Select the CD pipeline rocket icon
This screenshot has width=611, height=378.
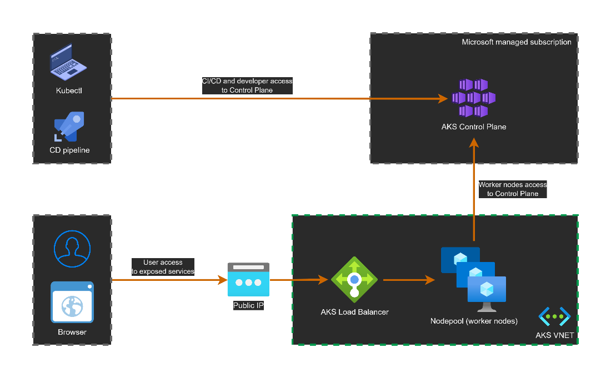click(x=69, y=127)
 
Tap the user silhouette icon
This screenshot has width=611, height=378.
click(x=72, y=249)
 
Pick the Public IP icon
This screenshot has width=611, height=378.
click(x=248, y=280)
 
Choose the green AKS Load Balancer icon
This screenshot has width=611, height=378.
click(x=354, y=280)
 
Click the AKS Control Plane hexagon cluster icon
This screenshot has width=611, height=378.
click(x=473, y=98)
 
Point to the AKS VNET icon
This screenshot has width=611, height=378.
click(x=554, y=317)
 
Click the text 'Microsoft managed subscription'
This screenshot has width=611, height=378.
click(x=517, y=42)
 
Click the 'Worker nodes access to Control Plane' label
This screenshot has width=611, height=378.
click(x=512, y=189)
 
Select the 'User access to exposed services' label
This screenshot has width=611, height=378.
click(x=163, y=267)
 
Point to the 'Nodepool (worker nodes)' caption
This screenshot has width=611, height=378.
click(x=474, y=321)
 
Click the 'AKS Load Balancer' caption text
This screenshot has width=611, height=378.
click(x=354, y=312)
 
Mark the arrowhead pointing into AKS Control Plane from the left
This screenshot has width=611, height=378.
click(x=442, y=99)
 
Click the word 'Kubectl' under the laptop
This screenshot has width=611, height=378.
click(x=69, y=90)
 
